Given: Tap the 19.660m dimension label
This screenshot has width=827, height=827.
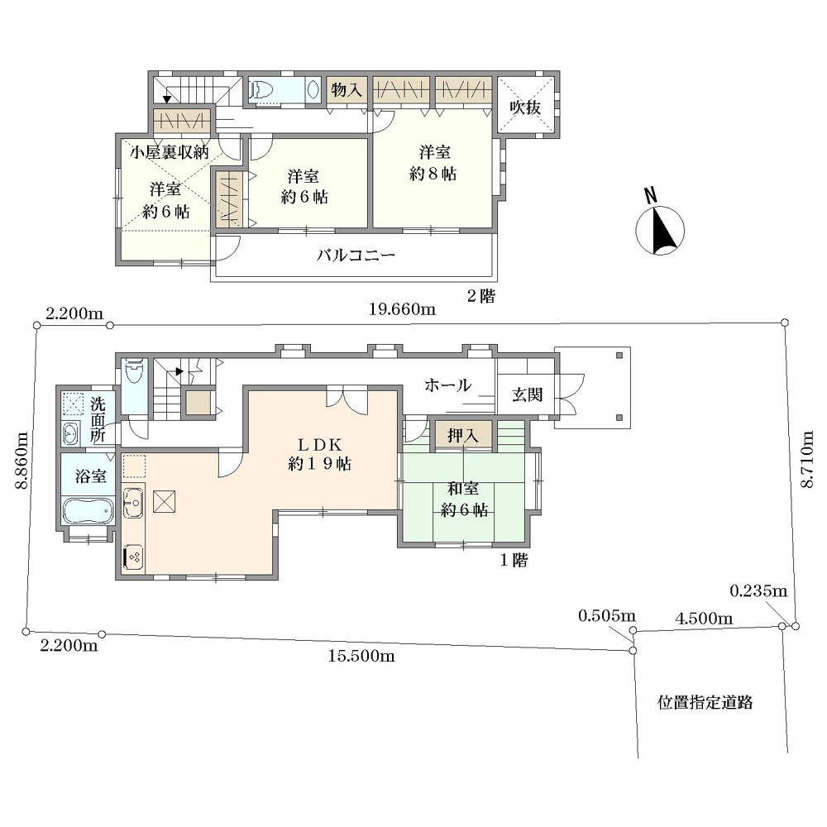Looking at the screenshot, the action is tap(402, 309).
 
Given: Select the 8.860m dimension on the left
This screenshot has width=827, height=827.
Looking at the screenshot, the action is tap(22, 461).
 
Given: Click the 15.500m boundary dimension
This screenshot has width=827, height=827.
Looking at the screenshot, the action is tap(361, 656).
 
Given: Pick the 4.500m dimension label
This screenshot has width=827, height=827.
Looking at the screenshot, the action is tap(704, 618).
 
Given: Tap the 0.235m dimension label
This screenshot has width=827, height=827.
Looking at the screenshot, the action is tap(758, 590).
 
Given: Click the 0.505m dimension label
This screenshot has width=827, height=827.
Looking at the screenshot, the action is tap(607, 615).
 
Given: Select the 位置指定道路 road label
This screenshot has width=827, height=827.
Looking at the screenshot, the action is tap(705, 702).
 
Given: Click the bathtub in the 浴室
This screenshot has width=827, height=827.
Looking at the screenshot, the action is tap(88, 510).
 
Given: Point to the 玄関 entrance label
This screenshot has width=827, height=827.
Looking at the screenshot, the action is tap(527, 394).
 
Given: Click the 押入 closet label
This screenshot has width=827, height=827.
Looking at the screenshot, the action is tap(463, 436).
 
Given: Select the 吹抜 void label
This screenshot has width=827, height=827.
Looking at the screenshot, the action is tap(525, 107).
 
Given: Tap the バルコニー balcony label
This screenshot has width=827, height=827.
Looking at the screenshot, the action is tap(356, 256).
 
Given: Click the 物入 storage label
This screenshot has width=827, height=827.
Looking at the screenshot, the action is tap(347, 90).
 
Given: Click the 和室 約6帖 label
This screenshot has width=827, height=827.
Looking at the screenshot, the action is tap(464, 500).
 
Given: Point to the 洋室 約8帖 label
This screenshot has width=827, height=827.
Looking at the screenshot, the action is tap(433, 163).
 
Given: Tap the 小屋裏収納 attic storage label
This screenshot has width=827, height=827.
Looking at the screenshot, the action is tap(170, 152).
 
